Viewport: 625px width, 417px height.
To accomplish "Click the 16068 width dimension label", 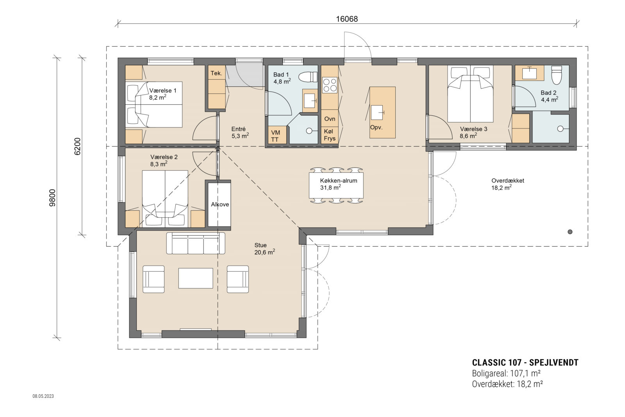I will [346, 19].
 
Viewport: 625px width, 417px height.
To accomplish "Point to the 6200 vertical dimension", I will [77, 147].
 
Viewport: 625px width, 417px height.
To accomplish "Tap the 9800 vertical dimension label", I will [53, 198].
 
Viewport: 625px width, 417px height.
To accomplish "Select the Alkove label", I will [220, 204].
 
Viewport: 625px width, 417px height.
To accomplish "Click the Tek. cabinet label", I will [216, 73].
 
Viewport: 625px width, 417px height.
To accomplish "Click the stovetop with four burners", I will [329, 85].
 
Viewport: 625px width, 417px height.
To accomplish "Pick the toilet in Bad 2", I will [556, 75].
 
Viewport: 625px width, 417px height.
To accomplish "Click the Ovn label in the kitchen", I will [330, 119].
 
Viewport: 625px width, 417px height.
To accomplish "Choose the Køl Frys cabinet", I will [330, 135].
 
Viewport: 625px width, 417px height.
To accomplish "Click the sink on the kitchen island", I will [377, 113].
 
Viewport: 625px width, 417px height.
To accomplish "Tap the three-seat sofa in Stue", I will [196, 243].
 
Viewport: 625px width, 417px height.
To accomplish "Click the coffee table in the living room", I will [196, 278].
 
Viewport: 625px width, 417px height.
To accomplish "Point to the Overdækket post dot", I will [570, 232].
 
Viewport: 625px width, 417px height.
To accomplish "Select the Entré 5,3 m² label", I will [239, 132].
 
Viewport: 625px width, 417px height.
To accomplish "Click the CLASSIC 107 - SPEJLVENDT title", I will [525, 362].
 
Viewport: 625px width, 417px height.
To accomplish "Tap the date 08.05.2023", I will [43, 396].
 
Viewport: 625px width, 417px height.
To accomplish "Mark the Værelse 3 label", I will [473, 129].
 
